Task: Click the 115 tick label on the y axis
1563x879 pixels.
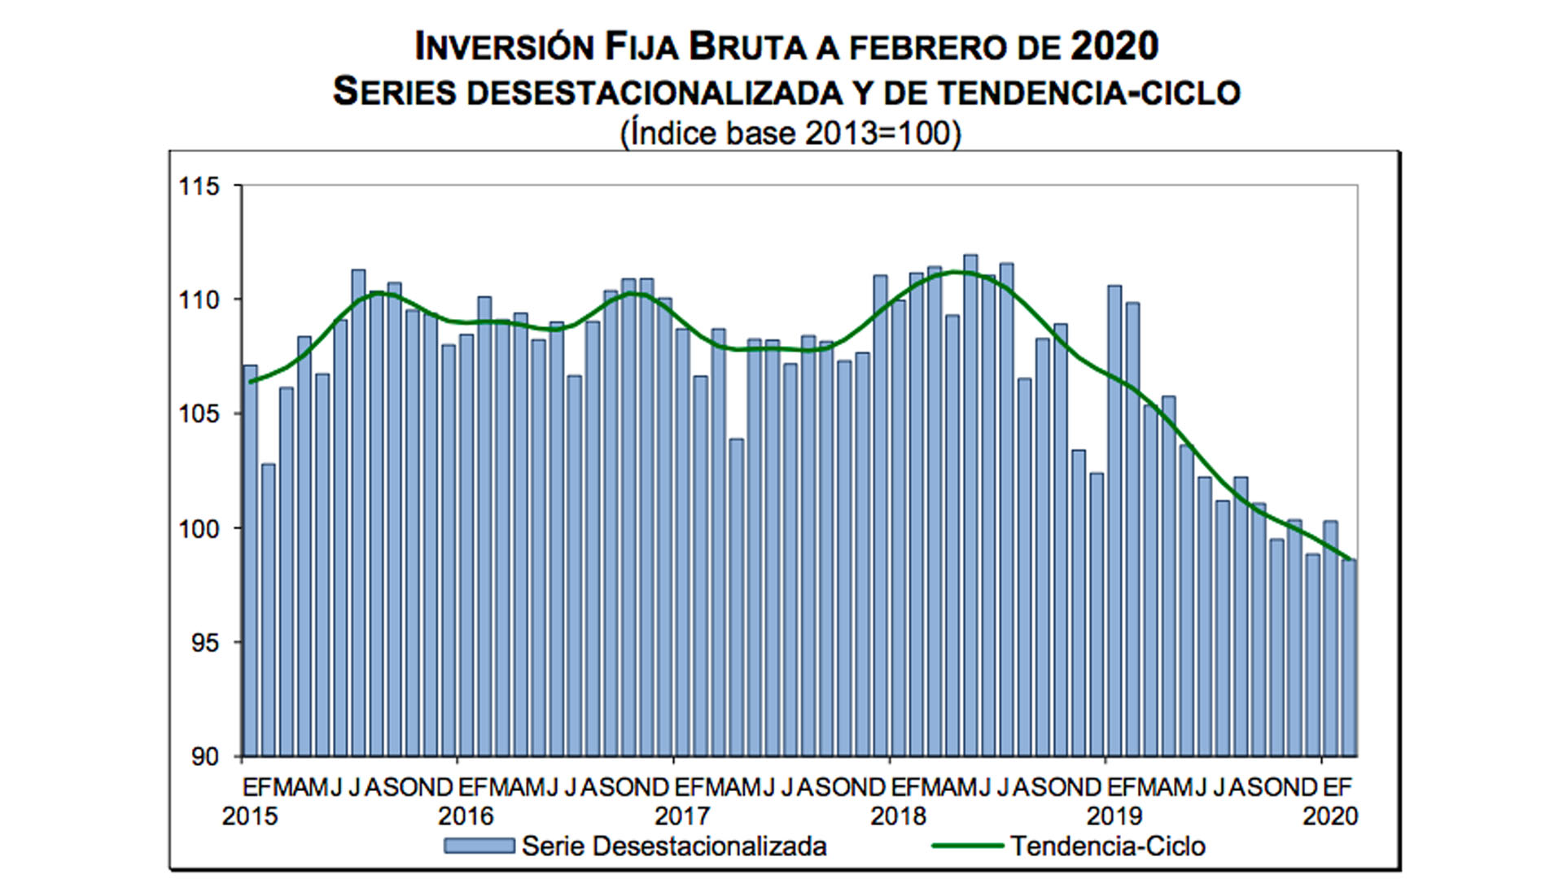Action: coord(199,186)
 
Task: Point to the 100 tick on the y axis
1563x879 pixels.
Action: coord(199,529)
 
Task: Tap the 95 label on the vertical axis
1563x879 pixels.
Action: coord(205,643)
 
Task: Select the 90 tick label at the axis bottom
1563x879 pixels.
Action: coord(205,757)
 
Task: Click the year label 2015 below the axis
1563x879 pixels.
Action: coord(249,816)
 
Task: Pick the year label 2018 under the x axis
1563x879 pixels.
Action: coord(898,816)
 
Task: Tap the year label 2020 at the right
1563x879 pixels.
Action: coord(1330,816)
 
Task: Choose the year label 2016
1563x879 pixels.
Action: coord(466,816)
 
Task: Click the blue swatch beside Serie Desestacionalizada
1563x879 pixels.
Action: coord(479,846)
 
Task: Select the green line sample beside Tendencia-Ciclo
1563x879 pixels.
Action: coord(967,846)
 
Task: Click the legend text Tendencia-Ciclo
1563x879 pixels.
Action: coord(1108,846)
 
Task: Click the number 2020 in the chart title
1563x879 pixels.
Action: coord(1114,46)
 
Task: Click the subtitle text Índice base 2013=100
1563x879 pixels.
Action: coord(790,133)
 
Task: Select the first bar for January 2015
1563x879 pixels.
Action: coord(251,562)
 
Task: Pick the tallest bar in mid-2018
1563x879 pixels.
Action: coord(970,505)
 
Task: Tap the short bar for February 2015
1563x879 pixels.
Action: coord(269,610)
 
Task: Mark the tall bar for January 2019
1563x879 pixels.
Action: coord(1114,521)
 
